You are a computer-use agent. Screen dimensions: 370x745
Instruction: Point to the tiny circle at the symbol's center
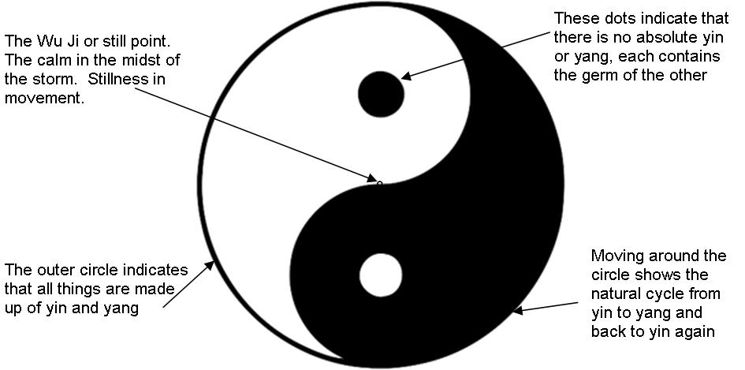click(x=379, y=184)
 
